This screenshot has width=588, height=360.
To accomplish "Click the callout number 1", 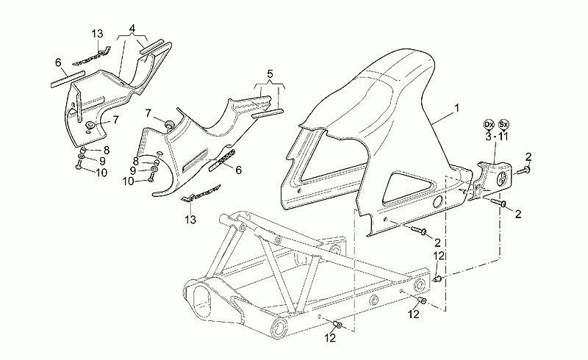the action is click(x=456, y=109).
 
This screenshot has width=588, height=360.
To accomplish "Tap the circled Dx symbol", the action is click(x=488, y=124).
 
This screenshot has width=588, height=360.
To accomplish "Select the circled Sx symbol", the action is click(x=503, y=124).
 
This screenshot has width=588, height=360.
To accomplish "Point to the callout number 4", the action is click(x=132, y=29).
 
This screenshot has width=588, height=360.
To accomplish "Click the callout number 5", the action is click(x=270, y=74).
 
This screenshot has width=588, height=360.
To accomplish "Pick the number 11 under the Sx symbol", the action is click(x=503, y=137).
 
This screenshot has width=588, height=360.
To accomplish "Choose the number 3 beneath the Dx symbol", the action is click(x=488, y=137).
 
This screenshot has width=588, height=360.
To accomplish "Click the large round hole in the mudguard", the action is click(x=438, y=202).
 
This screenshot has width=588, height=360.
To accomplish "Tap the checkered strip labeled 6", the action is click(x=222, y=160).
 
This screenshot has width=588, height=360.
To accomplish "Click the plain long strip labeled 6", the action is click(x=67, y=79).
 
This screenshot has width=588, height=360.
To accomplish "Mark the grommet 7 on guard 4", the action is click(x=90, y=125).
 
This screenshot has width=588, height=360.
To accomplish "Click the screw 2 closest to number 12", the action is click(x=418, y=230).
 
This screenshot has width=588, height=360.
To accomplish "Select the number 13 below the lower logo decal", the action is click(x=190, y=220).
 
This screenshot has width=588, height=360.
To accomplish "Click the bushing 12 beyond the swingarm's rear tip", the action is click(x=437, y=278).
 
